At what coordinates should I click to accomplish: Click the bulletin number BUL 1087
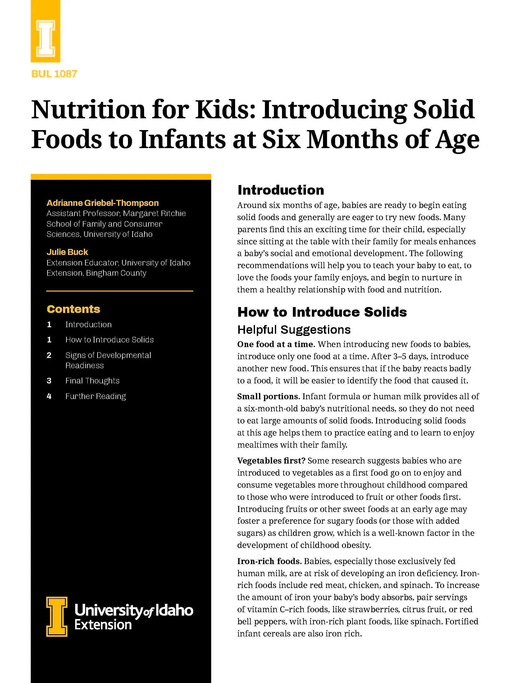tap(54, 74)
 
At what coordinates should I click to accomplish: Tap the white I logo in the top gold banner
tap(46, 38)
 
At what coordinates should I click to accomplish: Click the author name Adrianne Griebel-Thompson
tap(102, 203)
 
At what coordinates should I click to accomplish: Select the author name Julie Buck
tap(67, 252)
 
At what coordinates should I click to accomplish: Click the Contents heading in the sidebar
tap(74, 309)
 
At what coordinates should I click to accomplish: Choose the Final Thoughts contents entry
tap(92, 381)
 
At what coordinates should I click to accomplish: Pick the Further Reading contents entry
tap(95, 396)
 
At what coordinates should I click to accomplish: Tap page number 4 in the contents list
tap(49, 396)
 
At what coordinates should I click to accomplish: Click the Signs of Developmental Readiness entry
tap(108, 360)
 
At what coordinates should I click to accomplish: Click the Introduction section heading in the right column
tap(280, 190)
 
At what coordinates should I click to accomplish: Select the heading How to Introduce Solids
tap(322, 312)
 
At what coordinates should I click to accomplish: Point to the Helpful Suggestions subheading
tap(294, 330)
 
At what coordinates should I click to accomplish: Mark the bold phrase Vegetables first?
tap(271, 461)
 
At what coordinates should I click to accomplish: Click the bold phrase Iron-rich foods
tap(269, 561)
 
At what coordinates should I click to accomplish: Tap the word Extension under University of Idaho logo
tap(103, 625)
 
